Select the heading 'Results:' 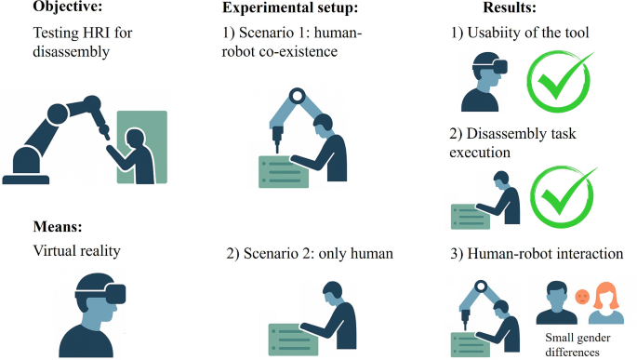[x=510, y=7]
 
